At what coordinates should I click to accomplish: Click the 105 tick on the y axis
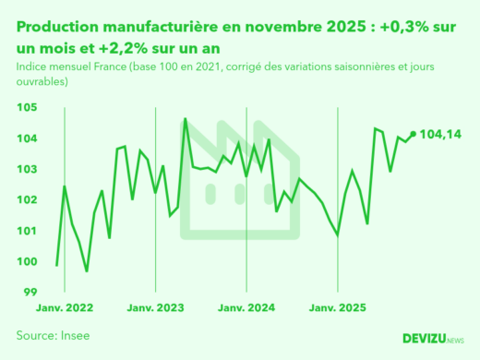pos(28,108)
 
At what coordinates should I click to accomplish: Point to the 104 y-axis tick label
pos(28,138)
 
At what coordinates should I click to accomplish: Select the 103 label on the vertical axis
pos(28,169)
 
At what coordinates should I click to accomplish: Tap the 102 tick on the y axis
pos(28,199)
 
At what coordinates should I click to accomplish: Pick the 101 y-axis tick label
pos(28,230)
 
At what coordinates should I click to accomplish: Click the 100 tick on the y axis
pos(28,261)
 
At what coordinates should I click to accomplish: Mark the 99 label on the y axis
pos(30,292)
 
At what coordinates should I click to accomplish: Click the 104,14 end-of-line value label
pos(440,135)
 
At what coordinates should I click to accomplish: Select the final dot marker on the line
pos(413,134)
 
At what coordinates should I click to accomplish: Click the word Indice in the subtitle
pos(33,66)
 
